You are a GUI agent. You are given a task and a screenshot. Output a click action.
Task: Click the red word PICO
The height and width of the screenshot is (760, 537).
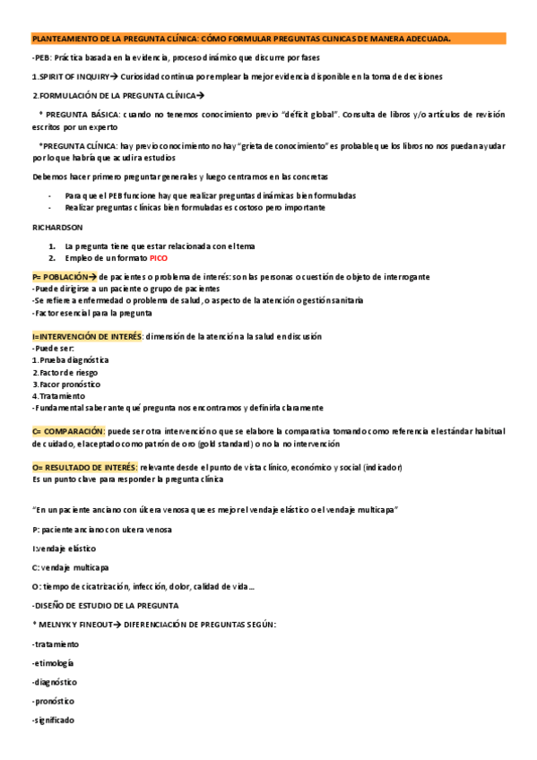159,258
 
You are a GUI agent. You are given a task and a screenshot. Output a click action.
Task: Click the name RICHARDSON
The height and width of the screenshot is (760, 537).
56,228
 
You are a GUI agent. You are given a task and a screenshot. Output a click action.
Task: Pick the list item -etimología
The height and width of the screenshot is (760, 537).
53,663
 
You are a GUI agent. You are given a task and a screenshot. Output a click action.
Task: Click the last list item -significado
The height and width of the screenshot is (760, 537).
53,721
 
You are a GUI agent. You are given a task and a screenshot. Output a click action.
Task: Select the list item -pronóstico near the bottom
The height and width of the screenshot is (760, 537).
53,701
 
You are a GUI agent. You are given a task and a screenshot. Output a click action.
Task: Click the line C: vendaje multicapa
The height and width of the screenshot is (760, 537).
70,567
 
